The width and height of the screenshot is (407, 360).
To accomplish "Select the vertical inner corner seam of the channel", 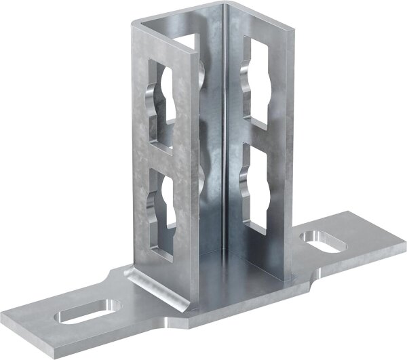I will [x=225, y=136].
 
